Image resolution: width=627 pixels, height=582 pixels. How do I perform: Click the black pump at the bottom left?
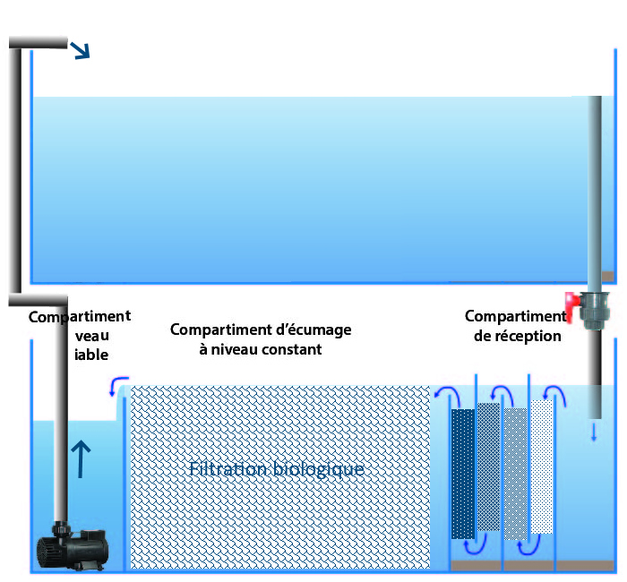pos(77,543)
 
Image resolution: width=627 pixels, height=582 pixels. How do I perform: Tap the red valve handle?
pos(571,304)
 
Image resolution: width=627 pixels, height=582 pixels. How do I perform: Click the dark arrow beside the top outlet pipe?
pos(82,51)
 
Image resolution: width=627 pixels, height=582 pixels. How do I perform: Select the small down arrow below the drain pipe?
pos(594,433)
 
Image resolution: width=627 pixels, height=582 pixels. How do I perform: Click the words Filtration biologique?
pos(277,469)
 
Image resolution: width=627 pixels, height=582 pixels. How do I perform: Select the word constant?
pos(292,349)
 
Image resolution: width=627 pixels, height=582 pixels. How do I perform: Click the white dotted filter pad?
pos(542,466)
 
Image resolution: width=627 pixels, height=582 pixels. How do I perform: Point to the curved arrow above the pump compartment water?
pos(114,388)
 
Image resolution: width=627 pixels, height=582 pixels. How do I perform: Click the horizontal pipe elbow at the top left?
pos(38,41)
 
